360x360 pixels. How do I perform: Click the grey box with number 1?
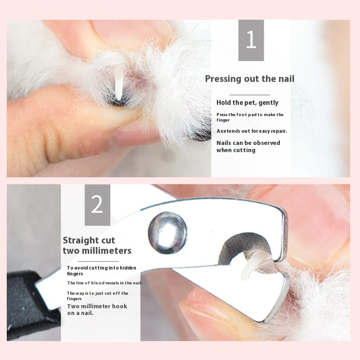coord(251,40)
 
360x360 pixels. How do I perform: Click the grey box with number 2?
coord(97,205)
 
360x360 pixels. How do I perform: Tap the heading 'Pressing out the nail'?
coord(250,79)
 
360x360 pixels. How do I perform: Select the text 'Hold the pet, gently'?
coord(247,103)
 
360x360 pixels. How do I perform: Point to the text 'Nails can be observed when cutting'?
coord(248,147)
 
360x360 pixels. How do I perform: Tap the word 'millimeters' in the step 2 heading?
coord(107,251)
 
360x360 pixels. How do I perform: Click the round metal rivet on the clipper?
coord(167,233)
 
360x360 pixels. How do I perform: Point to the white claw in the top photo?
coord(119,83)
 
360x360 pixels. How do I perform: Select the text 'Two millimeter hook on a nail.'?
coord(97,310)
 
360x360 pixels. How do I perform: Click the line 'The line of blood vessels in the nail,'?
coord(104,283)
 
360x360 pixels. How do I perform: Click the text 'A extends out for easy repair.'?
coord(252,131)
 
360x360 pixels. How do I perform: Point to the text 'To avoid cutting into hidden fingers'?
coord(102,271)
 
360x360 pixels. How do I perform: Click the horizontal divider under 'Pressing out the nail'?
coord(250,94)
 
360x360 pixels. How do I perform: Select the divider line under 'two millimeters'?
coord(98,261)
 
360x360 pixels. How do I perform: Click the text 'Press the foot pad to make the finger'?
coord(250,117)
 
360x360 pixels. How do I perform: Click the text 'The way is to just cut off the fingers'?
coord(98,296)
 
